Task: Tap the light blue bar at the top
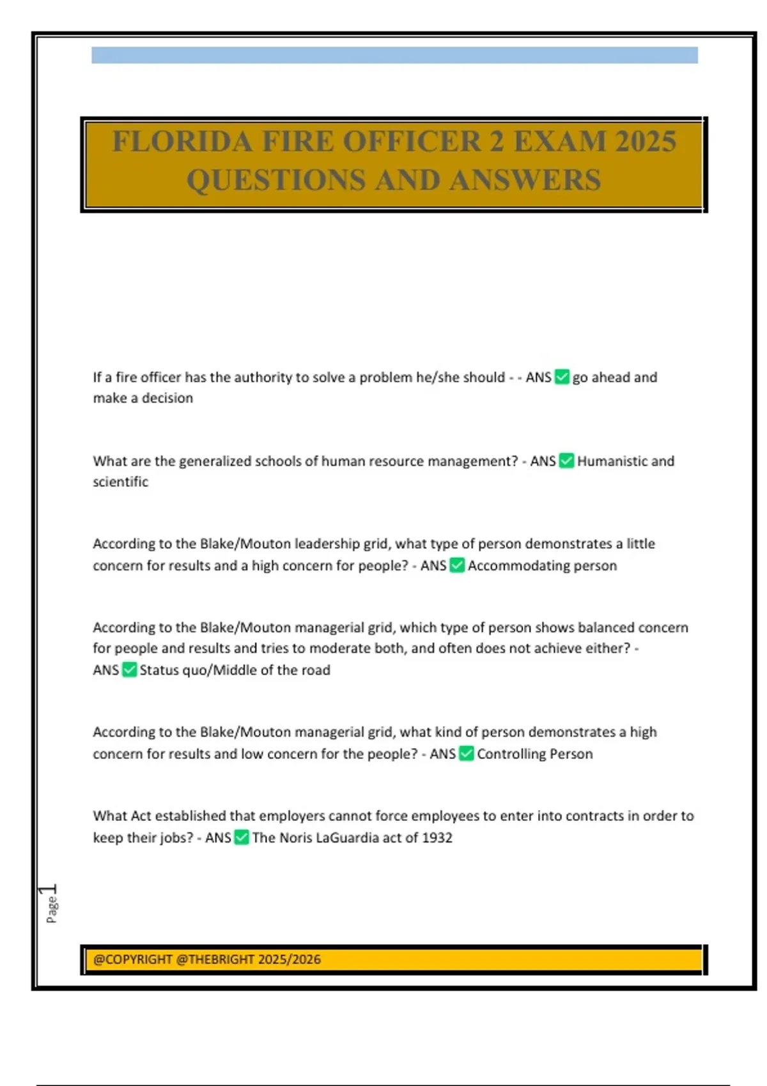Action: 394,55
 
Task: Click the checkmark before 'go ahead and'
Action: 562,377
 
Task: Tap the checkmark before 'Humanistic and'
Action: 566,461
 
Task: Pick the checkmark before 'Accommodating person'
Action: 457,565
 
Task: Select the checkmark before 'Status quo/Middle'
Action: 129,669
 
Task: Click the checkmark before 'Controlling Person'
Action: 467,754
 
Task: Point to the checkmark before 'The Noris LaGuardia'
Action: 242,837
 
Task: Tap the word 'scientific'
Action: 120,482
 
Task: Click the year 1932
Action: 437,837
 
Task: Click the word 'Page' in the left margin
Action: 52,909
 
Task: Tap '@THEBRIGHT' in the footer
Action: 215,959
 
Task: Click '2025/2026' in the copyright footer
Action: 291,959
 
